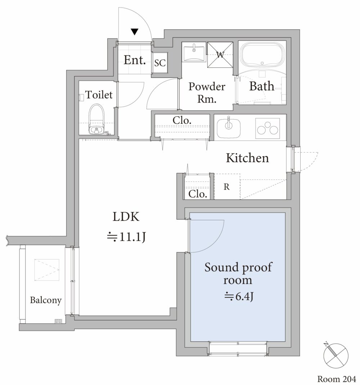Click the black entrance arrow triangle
135,32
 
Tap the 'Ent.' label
135,60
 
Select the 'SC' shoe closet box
160,63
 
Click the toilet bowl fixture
96,119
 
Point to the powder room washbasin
194,52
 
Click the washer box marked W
220,54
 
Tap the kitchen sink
229,128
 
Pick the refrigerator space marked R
227,187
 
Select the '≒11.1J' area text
127,237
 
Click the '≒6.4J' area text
239,296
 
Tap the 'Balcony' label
46,300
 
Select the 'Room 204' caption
337,379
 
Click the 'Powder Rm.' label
207,93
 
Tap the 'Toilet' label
99,95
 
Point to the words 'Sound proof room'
238,273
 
